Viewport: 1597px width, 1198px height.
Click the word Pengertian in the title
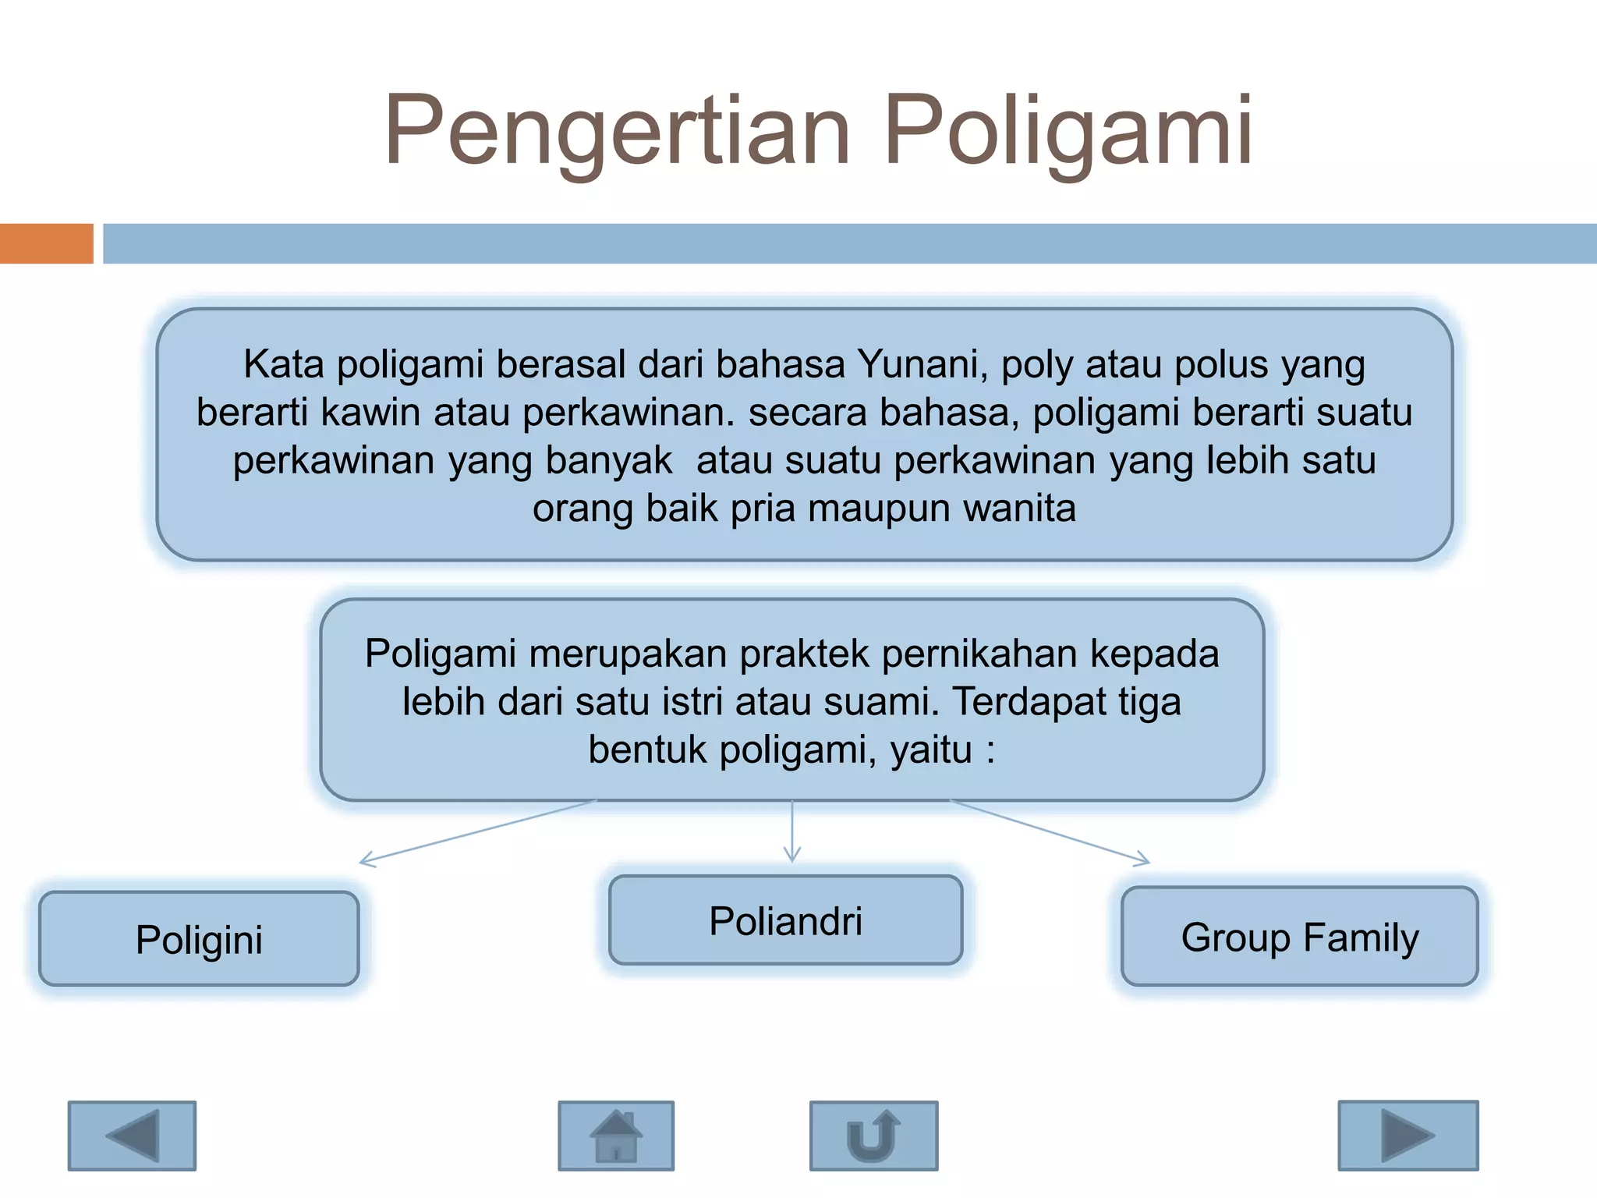(616, 131)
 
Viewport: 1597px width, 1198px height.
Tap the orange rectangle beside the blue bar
(46, 243)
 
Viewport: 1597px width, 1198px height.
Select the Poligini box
(199, 939)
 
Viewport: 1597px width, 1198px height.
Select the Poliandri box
(785, 921)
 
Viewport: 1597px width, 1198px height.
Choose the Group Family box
(1299, 937)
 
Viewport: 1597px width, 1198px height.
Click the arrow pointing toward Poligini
(477, 832)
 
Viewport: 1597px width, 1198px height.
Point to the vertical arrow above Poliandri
(792, 831)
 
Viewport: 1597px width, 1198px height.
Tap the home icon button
(616, 1136)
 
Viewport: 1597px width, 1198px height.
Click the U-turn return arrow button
(873, 1136)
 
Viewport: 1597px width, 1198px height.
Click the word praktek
(804, 654)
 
